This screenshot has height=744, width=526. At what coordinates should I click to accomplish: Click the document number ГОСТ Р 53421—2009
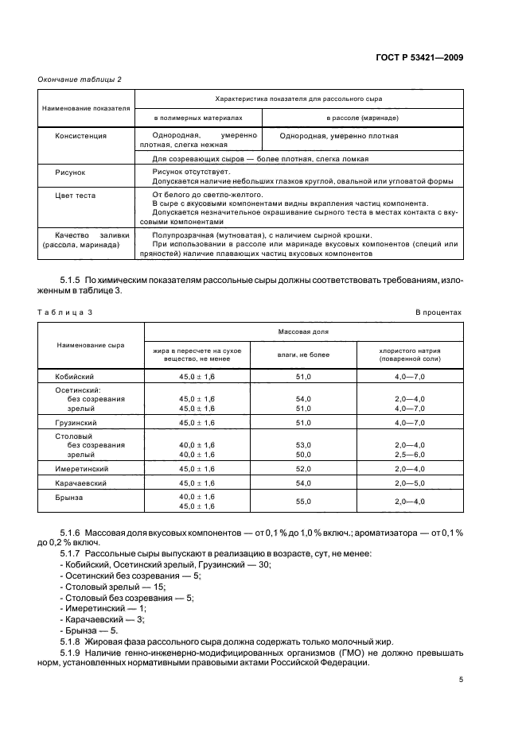click(x=419, y=57)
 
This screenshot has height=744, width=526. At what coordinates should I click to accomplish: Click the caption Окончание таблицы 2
click(x=80, y=79)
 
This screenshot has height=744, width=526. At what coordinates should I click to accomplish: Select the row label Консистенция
click(x=80, y=136)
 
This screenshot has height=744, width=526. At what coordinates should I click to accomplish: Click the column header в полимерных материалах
click(x=197, y=118)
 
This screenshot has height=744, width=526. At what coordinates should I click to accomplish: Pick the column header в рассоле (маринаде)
click(x=362, y=118)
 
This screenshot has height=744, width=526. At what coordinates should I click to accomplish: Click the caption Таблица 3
click(x=65, y=312)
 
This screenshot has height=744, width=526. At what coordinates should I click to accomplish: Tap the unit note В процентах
click(x=438, y=312)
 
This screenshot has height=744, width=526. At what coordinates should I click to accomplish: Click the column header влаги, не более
click(x=302, y=355)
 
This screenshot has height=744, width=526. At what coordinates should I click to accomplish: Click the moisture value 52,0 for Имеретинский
click(x=303, y=469)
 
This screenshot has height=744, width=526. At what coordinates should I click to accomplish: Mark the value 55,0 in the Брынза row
click(x=303, y=502)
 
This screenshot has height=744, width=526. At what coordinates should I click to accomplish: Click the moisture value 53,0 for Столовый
click(x=303, y=445)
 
